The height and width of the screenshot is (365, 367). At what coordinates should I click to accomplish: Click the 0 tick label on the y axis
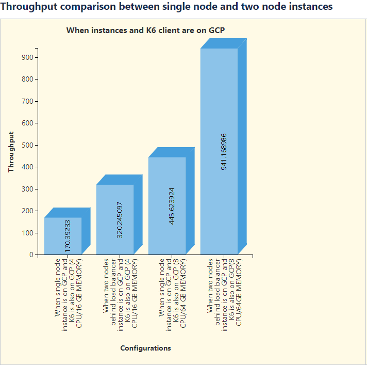tap(31, 255)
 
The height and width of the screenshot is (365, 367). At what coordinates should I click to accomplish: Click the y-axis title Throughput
tap(11, 151)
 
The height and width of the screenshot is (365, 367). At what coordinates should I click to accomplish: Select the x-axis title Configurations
tap(145, 348)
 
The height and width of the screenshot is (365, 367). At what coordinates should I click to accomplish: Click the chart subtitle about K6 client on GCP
tap(145, 30)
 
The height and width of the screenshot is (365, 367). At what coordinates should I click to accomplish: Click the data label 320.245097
tap(120, 219)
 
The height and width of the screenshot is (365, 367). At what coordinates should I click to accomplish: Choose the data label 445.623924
tap(172, 205)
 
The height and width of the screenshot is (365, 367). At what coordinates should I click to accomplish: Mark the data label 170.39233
tap(68, 235)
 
